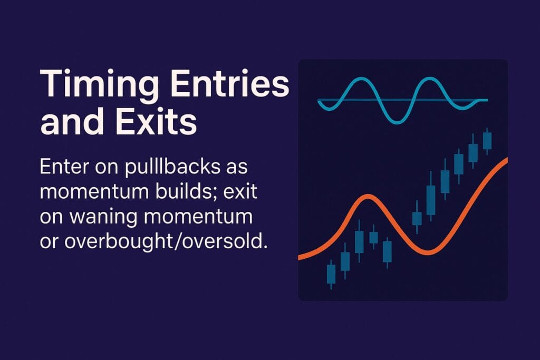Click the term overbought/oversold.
(166, 241)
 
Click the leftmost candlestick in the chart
(331, 274)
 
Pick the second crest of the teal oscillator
(430, 80)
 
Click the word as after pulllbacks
(237, 168)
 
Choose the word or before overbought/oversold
(50, 242)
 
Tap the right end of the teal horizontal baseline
(487, 100)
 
